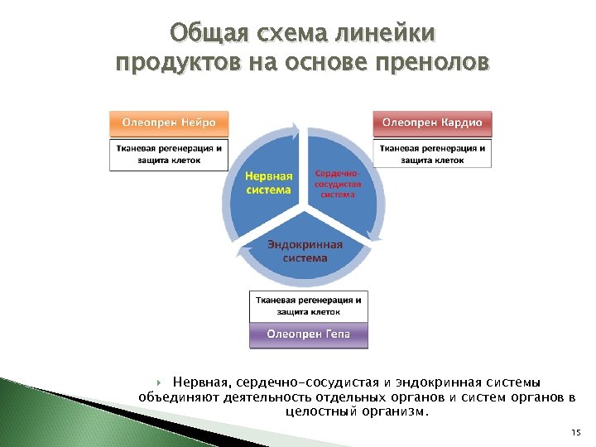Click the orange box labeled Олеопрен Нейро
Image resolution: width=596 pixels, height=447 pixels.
tap(169, 123)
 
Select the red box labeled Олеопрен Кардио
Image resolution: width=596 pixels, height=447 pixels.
tap(431, 123)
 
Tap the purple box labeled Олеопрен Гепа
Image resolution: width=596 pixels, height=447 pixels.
tap(309, 334)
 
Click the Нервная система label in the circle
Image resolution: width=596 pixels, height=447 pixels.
tap(268, 183)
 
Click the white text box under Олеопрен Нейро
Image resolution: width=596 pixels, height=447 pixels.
tap(169, 155)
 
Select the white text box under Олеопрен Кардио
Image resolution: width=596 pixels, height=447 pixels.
tap(431, 153)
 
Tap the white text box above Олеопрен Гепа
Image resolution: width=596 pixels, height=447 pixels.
tap(309, 306)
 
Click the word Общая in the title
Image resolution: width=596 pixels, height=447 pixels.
tap(204, 34)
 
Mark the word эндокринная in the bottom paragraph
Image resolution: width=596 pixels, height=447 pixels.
tap(433, 382)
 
